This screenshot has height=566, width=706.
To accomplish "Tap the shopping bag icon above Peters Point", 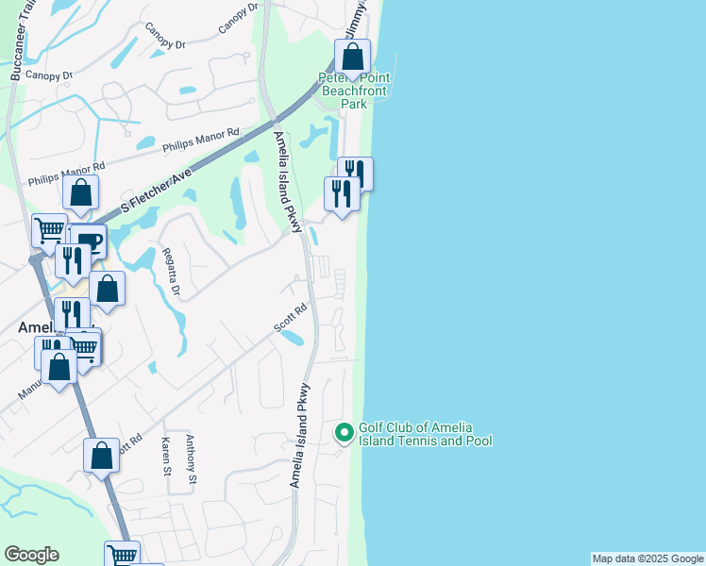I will coord(352,57).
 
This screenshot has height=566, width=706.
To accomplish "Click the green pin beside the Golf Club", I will coord(345,433).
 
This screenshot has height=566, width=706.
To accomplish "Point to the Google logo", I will coord(31,555).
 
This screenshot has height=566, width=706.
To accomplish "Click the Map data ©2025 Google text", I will coord(647,558).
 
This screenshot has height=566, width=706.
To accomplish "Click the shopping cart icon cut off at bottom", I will coord(123,555).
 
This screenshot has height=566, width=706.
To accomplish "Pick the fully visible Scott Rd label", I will coord(291,317).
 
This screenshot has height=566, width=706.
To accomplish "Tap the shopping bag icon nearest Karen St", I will coord(101,457).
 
